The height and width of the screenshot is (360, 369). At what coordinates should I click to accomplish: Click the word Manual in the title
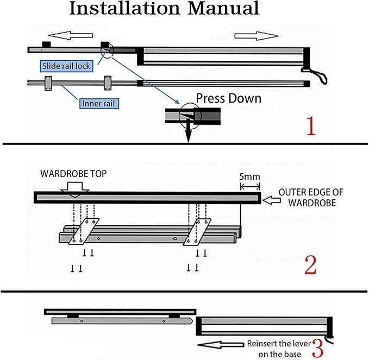click(x=224, y=9)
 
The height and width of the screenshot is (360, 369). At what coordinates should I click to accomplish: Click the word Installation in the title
click(x=125, y=9)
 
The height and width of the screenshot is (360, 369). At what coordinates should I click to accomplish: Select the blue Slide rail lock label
click(x=66, y=66)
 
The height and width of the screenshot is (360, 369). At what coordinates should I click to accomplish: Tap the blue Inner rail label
click(x=98, y=104)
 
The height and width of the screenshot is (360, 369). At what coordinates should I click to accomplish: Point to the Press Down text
click(x=229, y=98)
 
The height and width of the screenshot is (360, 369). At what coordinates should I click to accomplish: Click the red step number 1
click(x=311, y=126)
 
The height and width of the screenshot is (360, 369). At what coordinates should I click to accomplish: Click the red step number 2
click(x=310, y=265)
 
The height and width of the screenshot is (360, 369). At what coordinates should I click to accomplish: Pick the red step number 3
click(x=318, y=349)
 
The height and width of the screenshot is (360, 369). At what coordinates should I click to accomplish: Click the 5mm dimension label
click(x=249, y=176)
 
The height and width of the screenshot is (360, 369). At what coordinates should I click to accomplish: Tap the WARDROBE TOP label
click(x=73, y=174)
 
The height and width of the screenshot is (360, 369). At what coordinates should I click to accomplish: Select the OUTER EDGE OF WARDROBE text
click(x=311, y=197)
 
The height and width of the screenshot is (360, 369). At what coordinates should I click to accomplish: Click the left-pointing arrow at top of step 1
click(x=70, y=36)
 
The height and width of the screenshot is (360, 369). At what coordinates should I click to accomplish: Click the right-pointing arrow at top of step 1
click(x=257, y=36)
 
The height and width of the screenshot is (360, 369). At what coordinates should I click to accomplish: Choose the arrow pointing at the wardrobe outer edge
click(x=271, y=200)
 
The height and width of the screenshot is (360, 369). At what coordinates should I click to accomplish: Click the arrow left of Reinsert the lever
click(x=221, y=345)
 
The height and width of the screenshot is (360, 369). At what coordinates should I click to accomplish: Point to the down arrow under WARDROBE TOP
click(x=74, y=190)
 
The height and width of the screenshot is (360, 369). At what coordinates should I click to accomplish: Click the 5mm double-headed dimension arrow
click(x=250, y=186)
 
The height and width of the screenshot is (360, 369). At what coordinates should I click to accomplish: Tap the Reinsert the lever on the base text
click(x=279, y=349)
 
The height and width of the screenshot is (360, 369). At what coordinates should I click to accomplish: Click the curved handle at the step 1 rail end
click(x=316, y=75)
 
